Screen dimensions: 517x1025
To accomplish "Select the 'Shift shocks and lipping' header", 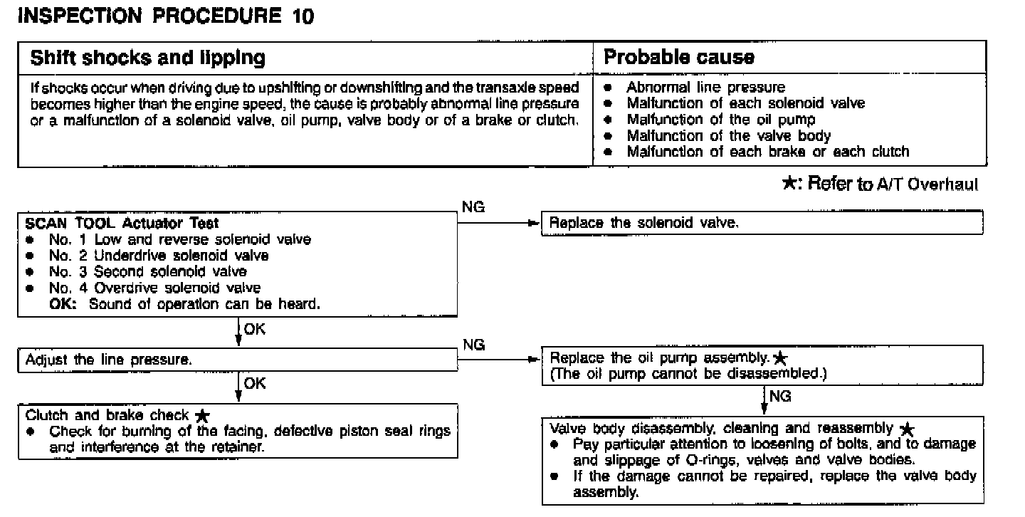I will (147, 58).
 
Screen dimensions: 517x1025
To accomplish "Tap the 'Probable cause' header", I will (679, 58).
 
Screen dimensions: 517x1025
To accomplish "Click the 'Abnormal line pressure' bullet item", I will (705, 88).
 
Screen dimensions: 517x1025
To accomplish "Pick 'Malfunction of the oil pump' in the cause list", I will (720, 120).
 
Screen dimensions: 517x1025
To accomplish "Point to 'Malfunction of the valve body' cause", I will (728, 135).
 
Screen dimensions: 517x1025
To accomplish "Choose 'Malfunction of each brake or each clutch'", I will (767, 152).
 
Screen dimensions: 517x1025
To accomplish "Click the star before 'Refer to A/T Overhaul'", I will (789, 184).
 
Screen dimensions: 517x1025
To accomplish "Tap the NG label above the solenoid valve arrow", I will (473, 207).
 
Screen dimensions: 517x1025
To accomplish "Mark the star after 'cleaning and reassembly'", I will (906, 429).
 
